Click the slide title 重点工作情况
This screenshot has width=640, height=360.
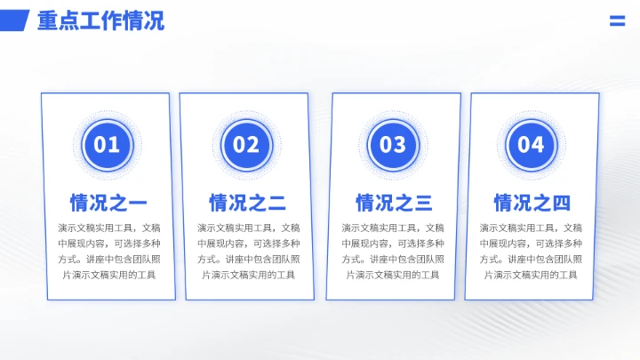[100, 20]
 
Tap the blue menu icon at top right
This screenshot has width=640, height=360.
[617, 21]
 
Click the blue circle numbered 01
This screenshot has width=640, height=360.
[107, 144]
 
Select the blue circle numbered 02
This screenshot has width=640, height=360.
[246, 144]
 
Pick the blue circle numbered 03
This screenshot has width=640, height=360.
[393, 144]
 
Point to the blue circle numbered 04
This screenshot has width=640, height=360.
[531, 144]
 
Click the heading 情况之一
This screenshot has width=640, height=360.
[108, 203]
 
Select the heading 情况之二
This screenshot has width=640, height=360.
[247, 203]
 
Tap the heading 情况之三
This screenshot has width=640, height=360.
[394, 203]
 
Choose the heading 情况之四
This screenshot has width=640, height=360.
[532, 203]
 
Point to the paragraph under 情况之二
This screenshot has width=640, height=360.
[247, 251]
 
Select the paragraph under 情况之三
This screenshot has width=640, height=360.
[394, 251]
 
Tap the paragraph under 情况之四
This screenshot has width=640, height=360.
[532, 251]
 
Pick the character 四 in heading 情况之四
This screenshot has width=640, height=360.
[561, 203]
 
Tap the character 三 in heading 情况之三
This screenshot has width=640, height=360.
[423, 203]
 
